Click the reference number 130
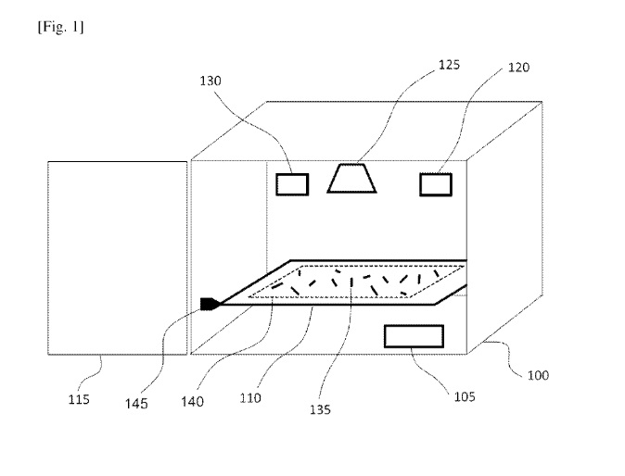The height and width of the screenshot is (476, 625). click(x=210, y=81)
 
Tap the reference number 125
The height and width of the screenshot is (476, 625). click(x=449, y=65)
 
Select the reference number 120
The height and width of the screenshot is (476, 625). click(x=518, y=68)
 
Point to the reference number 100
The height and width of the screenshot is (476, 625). click(x=538, y=375)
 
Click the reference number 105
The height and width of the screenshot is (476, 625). click(x=465, y=396)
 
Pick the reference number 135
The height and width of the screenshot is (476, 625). click(x=321, y=409)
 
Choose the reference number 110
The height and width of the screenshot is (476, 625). click(x=250, y=397)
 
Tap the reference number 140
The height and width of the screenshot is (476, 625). click(x=192, y=402)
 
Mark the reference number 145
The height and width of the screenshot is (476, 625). click(x=136, y=404)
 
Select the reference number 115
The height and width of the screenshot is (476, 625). click(x=79, y=399)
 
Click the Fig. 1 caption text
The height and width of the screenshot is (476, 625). click(x=60, y=27)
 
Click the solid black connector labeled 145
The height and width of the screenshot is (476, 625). click(x=210, y=304)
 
